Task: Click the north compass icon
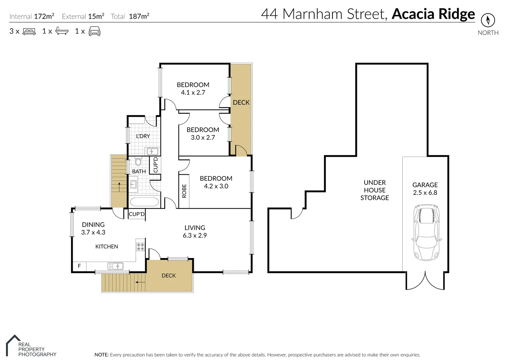point(488,20)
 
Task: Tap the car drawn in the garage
point(426,232)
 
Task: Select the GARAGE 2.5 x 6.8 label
point(425,189)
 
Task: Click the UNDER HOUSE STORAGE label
point(375,190)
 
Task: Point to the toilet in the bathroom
point(138,162)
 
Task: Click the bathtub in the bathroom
point(144,202)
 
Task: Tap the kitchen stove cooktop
point(140,247)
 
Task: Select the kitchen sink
point(115,266)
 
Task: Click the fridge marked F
point(79,266)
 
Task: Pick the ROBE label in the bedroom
point(184,191)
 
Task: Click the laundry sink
point(152,152)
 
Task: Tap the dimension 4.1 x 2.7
point(193,93)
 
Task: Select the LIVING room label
point(195,228)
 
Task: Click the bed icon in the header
point(29,32)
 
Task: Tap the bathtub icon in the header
point(62,31)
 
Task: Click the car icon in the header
point(94,31)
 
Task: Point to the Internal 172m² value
point(44,16)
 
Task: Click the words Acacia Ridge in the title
point(433,14)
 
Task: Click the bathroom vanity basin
point(133,184)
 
